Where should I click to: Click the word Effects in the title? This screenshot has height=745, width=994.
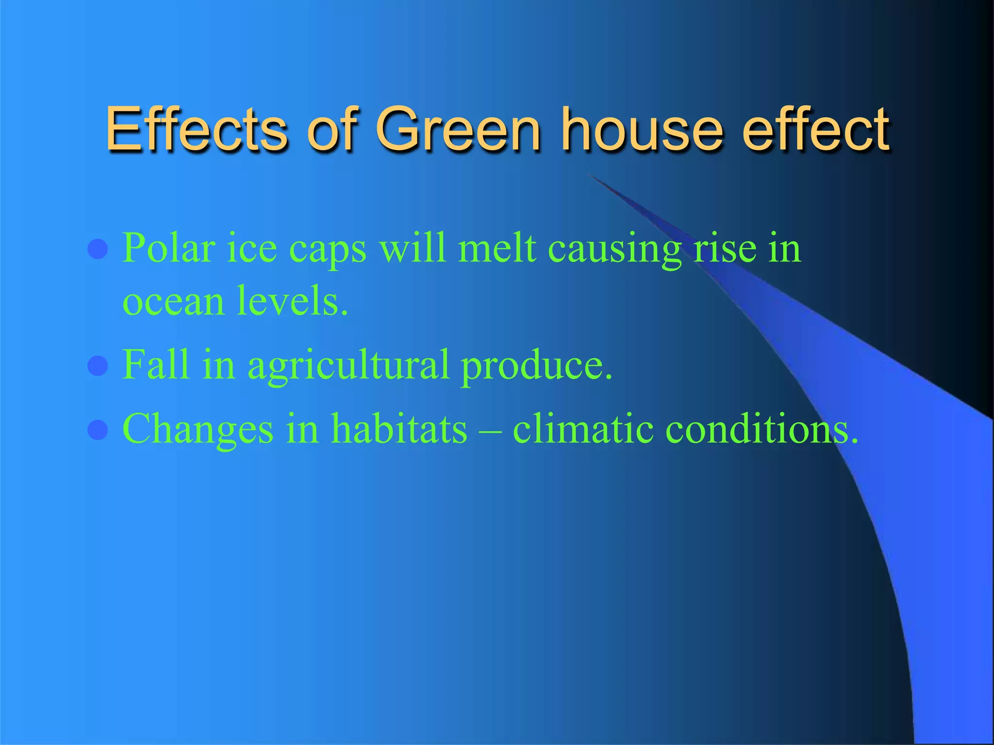[x=197, y=130]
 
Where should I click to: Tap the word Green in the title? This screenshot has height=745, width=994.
[x=458, y=130]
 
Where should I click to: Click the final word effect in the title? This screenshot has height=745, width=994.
[x=815, y=130]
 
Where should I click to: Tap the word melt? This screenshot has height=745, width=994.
[x=497, y=248]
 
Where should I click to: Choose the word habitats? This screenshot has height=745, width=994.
[x=399, y=428]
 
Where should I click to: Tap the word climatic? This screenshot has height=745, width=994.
[x=583, y=428]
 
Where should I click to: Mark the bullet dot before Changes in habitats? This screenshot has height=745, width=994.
[x=98, y=429]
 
